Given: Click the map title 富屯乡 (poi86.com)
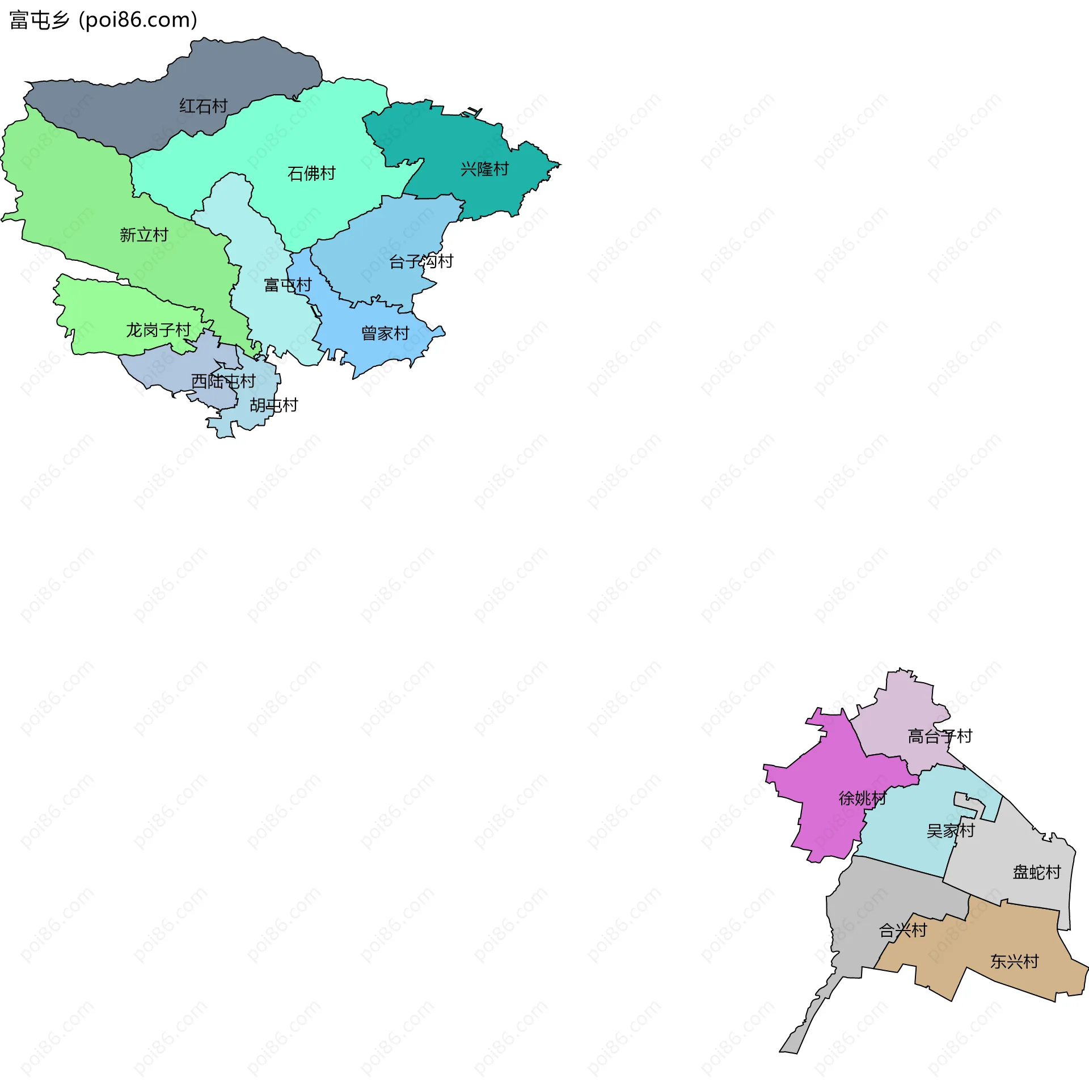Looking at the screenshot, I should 103,20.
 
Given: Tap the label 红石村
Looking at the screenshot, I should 203,106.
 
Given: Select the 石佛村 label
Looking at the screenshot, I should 311,173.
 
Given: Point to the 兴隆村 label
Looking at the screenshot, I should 484,169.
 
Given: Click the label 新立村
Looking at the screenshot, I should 143,235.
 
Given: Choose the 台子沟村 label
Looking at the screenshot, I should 421,261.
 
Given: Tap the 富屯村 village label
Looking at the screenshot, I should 288,285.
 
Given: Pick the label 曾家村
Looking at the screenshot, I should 385,333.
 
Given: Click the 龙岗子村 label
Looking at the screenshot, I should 158,330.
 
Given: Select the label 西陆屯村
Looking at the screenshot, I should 223,381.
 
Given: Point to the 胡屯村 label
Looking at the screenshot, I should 273,405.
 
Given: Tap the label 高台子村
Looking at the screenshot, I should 940,737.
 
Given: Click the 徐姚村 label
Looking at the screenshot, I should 862,798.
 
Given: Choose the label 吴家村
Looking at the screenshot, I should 950,831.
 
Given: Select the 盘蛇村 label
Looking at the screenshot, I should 1036,872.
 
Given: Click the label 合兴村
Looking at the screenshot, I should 902,931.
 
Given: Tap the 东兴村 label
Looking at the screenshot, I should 1014,962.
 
